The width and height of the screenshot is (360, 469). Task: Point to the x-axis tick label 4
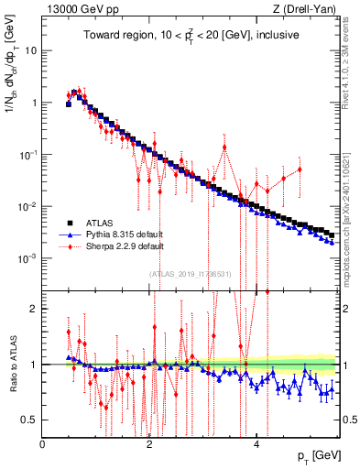pyautogui.click(x=256, y=445)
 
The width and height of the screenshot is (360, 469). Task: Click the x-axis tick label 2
pyautogui.click(x=149, y=445)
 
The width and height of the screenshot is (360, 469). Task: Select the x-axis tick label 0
pyautogui.click(x=43, y=445)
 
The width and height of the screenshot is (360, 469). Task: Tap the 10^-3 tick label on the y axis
pyautogui.click(x=28, y=259)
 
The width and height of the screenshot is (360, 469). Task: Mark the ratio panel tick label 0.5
pyautogui.click(x=29, y=420)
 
